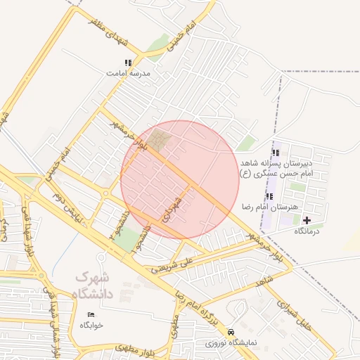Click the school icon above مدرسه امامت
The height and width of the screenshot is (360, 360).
127,63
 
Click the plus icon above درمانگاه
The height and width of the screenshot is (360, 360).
307,220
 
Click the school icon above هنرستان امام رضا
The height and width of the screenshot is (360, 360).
269,196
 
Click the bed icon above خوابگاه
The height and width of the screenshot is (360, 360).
91,314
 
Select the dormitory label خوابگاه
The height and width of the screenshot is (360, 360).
91,325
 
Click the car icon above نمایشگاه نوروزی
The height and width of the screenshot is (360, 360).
231,332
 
